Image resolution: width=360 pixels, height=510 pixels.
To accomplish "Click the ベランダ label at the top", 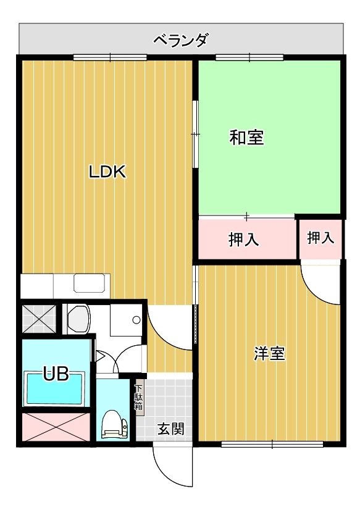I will (180, 41).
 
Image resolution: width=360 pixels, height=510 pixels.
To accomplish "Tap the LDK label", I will (107, 172).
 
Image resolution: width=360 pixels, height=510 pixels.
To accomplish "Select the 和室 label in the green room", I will (247, 137).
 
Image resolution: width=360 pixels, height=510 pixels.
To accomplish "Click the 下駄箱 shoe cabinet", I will (139, 398).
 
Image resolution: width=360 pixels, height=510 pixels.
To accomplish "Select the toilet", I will (114, 424).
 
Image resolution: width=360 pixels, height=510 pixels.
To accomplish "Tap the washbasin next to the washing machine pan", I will (78, 319).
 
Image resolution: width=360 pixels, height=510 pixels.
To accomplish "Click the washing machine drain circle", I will (136, 320).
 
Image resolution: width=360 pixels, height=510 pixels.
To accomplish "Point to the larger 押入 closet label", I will (244, 240).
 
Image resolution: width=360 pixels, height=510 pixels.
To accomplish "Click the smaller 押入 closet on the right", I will (320, 238).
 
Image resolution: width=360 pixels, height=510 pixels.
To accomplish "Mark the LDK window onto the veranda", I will (110, 58).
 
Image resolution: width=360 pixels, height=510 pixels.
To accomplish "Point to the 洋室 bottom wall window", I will (272, 443).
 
